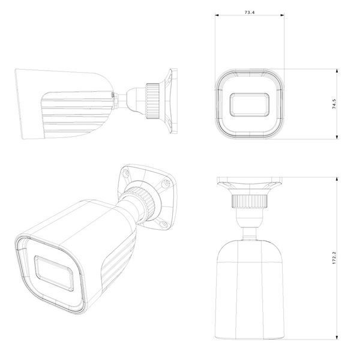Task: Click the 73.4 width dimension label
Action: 250,13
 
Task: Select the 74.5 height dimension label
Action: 334,104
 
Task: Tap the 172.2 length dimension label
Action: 334,257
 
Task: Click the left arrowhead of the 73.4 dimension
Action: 217,16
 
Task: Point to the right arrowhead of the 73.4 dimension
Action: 282,16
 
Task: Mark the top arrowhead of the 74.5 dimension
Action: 337,71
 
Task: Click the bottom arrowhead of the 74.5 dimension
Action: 337,137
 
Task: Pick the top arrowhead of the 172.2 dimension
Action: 337,179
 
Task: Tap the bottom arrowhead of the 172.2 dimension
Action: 337,337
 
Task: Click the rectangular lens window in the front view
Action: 250,104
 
